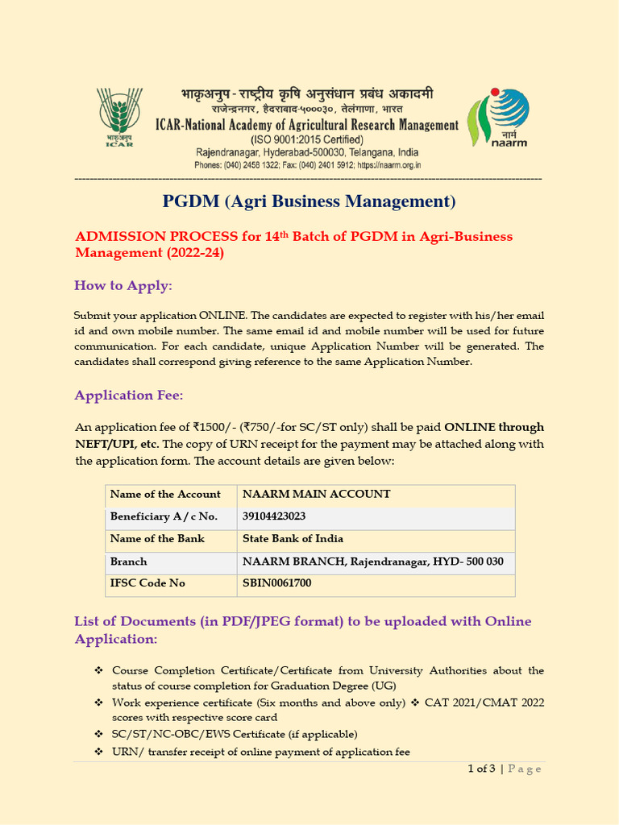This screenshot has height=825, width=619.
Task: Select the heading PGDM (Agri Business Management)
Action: [x=309, y=201]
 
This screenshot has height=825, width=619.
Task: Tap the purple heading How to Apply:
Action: [x=123, y=285]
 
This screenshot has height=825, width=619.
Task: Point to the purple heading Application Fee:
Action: [x=129, y=395]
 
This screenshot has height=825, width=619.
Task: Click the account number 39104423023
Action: [x=274, y=516]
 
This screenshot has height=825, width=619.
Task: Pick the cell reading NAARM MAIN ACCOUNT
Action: [x=305, y=494]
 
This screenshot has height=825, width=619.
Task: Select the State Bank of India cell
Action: [x=293, y=538]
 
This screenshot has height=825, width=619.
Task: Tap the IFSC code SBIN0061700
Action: [x=276, y=582]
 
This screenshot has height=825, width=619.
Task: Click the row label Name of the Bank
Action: [x=157, y=538]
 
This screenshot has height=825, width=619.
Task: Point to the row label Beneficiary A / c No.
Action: [x=164, y=516]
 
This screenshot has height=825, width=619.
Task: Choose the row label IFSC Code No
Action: [x=147, y=582]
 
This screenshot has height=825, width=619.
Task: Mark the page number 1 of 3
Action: [x=481, y=769]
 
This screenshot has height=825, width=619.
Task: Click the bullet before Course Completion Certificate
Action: [x=98, y=670]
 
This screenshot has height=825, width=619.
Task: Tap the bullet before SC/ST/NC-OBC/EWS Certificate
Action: [x=98, y=734]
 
